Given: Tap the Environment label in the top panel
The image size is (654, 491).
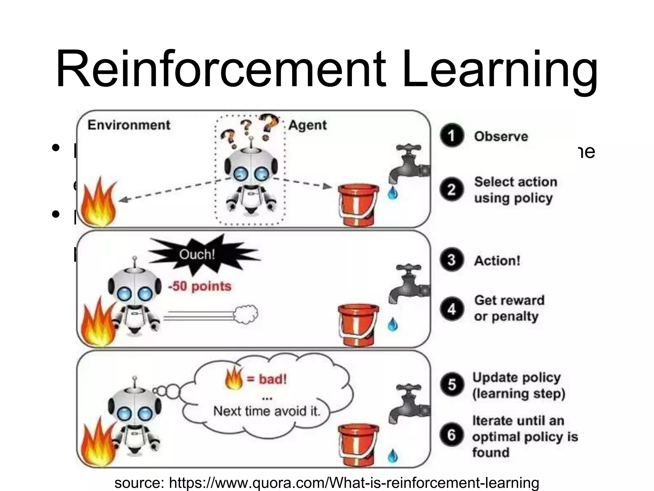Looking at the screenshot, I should (x=129, y=125).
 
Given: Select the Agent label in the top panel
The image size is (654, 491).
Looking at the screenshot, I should (x=307, y=125).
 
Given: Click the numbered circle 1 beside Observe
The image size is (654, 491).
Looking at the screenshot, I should (x=452, y=136).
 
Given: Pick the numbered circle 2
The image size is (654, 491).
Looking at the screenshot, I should (x=452, y=190).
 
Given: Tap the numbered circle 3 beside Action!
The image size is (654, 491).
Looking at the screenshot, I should (x=452, y=260).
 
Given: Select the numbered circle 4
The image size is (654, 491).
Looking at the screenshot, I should (x=452, y=309).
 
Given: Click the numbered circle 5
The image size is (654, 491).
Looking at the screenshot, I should (x=452, y=384).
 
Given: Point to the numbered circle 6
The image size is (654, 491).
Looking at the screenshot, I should (x=452, y=435).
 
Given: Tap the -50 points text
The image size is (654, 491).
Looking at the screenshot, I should (x=200, y=286).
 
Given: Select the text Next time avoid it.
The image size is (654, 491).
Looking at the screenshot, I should (x=267, y=411).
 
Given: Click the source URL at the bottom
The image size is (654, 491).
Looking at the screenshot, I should (x=327, y=483).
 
